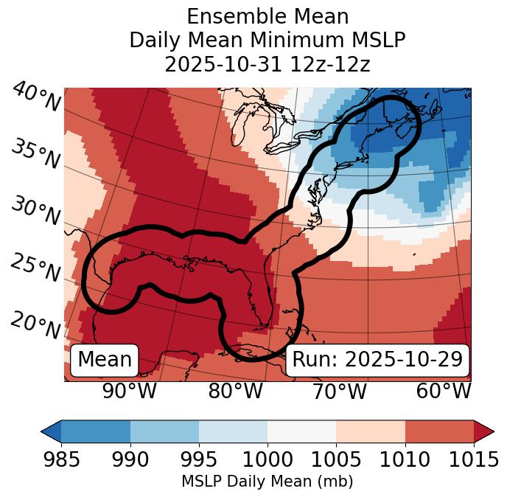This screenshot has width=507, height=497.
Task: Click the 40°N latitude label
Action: click(x=35, y=97)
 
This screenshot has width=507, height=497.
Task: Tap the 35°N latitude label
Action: click(x=35, y=154)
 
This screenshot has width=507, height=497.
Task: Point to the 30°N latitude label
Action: click(x=35, y=212)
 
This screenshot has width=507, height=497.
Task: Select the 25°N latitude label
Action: click(x=35, y=268)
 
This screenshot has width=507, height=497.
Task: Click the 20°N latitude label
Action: click(x=35, y=324)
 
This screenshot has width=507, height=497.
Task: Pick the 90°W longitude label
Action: click(x=130, y=391)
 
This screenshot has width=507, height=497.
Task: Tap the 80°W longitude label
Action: click(x=235, y=391)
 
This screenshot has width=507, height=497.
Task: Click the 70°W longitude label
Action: click(x=339, y=391)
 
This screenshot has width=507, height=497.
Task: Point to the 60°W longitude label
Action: click(x=444, y=391)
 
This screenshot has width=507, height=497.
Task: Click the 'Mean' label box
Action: click(x=105, y=360)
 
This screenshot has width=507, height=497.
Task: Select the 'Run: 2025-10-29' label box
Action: click(x=377, y=360)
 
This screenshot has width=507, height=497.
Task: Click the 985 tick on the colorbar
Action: click(x=61, y=459)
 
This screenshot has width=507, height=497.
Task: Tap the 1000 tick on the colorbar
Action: click(x=268, y=459)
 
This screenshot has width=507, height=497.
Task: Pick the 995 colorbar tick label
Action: click(x=199, y=459)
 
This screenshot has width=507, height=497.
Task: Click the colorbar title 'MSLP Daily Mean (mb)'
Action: click(x=267, y=482)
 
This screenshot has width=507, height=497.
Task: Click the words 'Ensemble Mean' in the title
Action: click(x=268, y=16)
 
